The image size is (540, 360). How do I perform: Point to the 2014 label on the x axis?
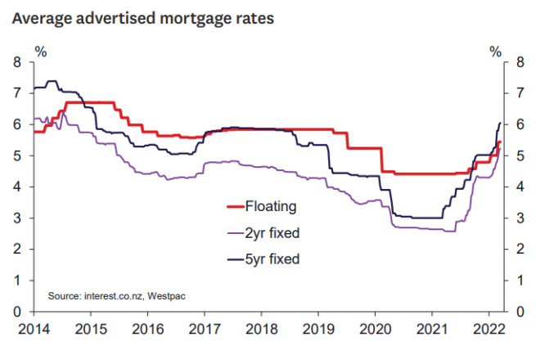pos(32,330)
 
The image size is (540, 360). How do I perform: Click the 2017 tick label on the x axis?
pos(203,330)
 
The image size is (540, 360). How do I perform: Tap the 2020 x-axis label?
pos(374,330)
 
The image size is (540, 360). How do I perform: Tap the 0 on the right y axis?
pos(518,313)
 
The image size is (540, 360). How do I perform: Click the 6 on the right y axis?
pos(518,124)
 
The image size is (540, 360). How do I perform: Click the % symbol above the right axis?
pos(495,51)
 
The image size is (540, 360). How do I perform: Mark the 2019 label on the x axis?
pos(317,330)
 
